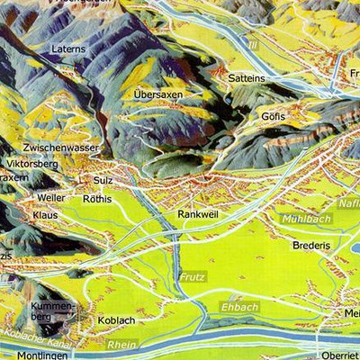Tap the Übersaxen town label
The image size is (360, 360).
(157, 94)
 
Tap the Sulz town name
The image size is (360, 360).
(103, 180)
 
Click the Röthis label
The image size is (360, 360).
(96, 199)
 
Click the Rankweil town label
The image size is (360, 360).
(198, 214)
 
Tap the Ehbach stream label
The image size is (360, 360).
(238, 307)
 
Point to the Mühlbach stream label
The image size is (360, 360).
(306, 218)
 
